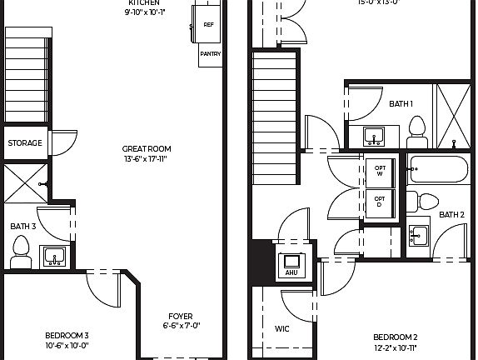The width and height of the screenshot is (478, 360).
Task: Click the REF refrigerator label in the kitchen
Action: tap(208, 25)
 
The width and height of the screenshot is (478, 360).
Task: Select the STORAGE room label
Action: tap(25, 143)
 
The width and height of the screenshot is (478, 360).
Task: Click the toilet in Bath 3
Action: tap(21, 251)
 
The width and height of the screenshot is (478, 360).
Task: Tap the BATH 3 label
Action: tap(22, 226)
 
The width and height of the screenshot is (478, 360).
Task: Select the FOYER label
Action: tap(180, 317)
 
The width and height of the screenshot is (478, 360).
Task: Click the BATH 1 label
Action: tap(401, 104)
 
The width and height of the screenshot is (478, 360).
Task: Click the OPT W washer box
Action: tap(379, 170)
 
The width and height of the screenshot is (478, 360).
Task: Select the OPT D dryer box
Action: tap(379, 200)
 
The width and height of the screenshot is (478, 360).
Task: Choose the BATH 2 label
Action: tap(451, 215)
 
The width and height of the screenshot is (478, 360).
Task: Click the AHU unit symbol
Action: tap(291, 263)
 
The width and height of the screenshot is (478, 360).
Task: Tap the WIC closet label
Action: tap(282, 329)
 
